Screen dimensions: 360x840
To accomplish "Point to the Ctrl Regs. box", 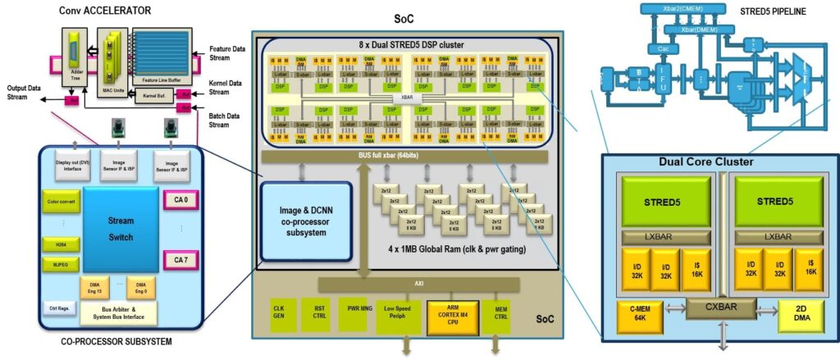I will click(57, 308).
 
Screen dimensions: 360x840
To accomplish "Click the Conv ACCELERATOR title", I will click(106, 10).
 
